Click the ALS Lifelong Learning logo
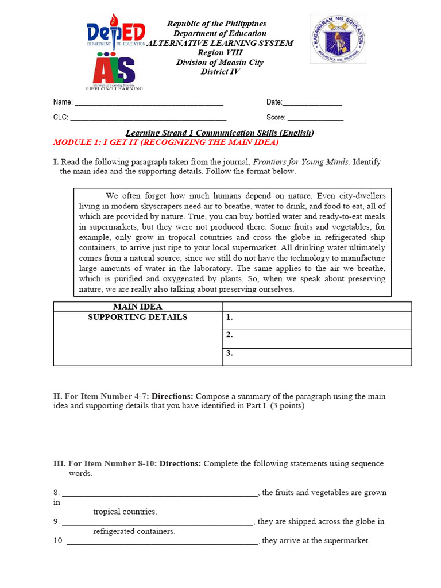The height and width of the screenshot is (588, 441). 114,72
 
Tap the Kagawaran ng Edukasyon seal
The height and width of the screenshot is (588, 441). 338,39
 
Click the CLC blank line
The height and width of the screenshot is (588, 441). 148,118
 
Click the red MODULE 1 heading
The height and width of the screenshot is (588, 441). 165,142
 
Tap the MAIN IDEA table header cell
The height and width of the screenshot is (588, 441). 138,307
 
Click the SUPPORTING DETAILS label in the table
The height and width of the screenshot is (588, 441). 138,317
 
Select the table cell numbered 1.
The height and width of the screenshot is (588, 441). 317,320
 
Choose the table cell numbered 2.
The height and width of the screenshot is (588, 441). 317,339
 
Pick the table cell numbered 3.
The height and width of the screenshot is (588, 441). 317,357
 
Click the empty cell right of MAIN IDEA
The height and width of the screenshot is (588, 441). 317,307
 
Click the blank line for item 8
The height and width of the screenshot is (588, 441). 160,493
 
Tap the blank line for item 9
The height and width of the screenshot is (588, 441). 157,523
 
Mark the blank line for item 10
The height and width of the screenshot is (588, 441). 163,541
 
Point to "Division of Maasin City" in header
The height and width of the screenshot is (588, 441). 220,63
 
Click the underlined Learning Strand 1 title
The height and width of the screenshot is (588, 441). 220,133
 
